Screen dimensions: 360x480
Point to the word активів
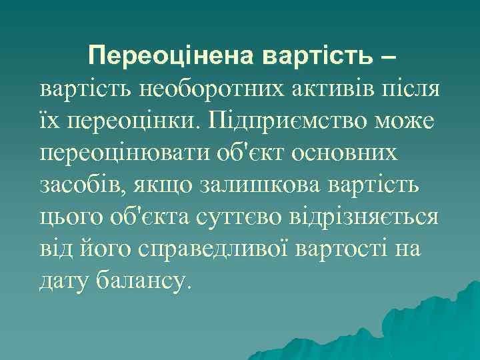coord(317,89)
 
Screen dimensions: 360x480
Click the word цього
coord(68,217)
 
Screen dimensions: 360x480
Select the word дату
coord(63,281)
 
